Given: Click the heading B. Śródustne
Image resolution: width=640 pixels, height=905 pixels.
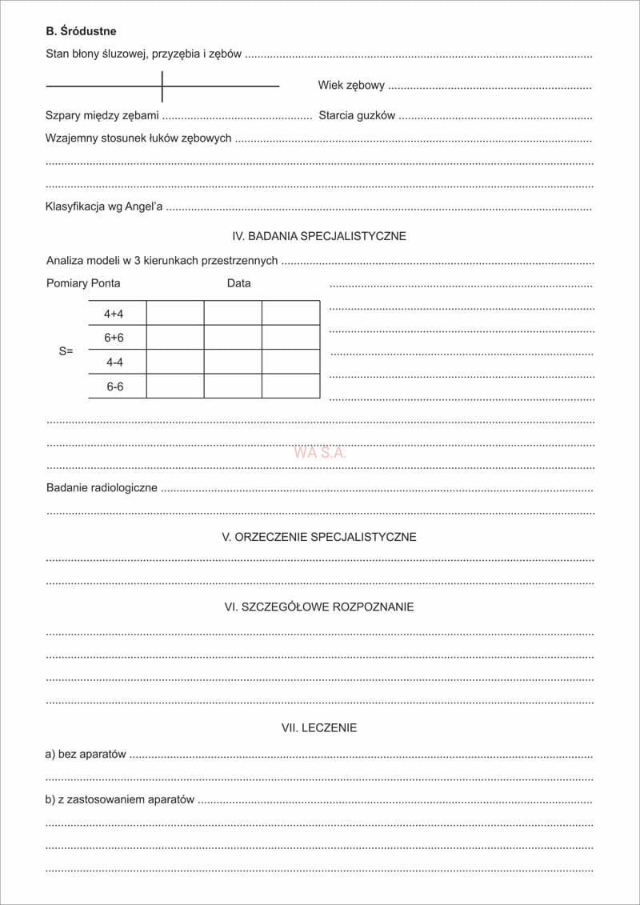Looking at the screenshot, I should (81, 31).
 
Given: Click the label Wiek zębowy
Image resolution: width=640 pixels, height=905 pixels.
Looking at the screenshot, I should (351, 86).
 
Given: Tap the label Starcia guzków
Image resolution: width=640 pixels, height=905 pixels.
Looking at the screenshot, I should (357, 115).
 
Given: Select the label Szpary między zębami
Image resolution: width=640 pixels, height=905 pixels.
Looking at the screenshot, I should (102, 115).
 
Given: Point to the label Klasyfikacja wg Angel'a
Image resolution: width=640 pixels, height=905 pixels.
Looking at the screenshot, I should (104, 206).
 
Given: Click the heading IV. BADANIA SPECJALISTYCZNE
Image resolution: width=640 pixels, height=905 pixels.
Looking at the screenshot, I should (319, 236).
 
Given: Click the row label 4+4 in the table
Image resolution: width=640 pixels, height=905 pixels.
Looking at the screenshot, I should (114, 314).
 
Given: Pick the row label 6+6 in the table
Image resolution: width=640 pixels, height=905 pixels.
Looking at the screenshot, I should (114, 338).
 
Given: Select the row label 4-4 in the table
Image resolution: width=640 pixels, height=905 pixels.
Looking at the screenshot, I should (114, 362).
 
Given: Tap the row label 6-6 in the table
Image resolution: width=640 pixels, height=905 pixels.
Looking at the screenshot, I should (115, 386).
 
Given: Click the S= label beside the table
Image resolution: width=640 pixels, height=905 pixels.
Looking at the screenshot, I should (66, 350).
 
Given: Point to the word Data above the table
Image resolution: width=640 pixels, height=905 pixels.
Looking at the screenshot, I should (238, 283).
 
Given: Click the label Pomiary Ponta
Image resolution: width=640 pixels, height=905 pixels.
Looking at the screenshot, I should (83, 283).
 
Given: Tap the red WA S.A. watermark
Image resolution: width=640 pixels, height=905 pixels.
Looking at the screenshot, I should (320, 452).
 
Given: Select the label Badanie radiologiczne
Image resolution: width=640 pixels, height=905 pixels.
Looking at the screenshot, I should (102, 487).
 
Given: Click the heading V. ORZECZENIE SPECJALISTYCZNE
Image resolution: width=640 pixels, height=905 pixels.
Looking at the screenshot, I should (319, 537).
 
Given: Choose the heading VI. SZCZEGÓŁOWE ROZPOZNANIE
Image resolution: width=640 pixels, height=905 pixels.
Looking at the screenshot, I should (319, 607).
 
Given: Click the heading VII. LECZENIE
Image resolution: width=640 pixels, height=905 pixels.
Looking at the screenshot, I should (319, 728).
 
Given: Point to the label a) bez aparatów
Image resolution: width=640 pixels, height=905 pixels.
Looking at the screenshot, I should (86, 754).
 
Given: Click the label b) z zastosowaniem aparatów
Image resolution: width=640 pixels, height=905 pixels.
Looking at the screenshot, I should (120, 799).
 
